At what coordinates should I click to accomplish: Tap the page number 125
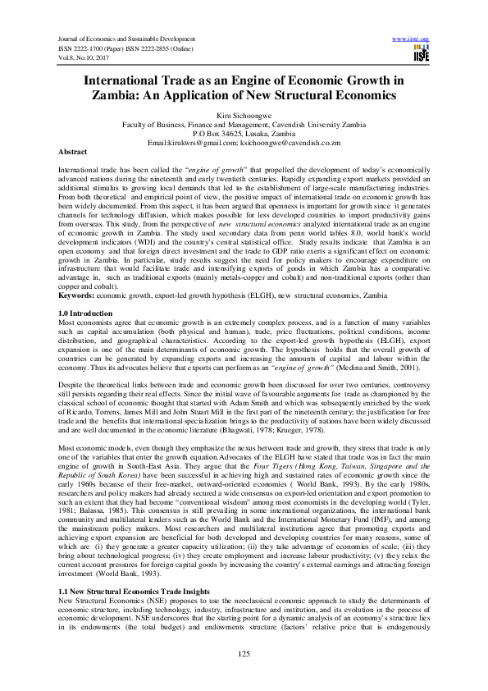coord(244,652)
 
